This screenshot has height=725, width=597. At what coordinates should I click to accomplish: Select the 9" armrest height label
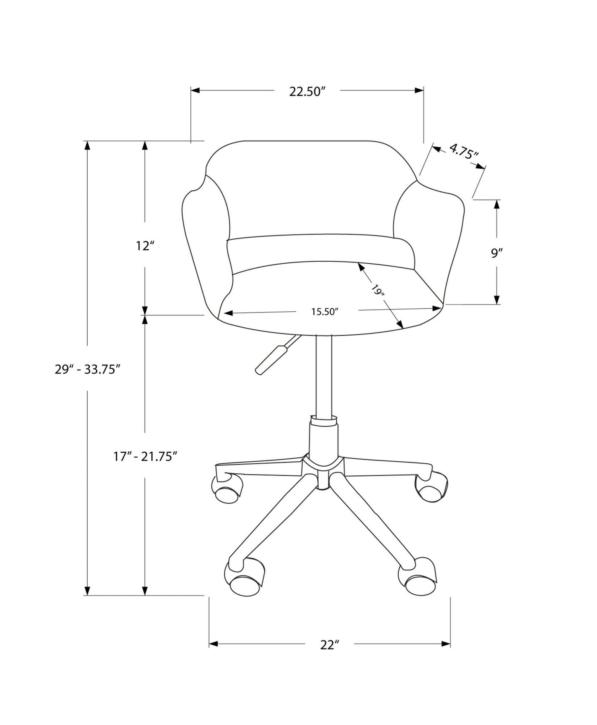496,253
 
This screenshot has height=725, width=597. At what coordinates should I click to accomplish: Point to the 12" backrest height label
145,246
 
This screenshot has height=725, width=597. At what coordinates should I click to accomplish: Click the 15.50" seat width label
325,312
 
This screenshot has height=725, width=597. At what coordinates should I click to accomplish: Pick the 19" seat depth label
378,290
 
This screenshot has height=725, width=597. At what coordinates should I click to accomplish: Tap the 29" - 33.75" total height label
88,369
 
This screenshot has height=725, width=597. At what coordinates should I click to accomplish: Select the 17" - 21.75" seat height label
145,456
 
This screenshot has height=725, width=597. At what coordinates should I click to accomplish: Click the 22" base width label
329,656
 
